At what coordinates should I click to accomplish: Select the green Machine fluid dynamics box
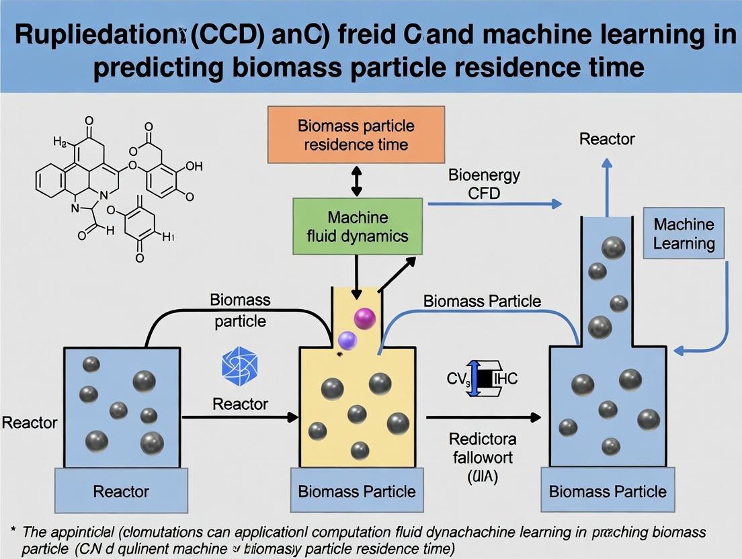[x=357, y=226]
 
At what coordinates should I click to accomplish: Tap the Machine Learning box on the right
[x=684, y=233]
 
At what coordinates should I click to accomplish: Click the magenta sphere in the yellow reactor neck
[x=365, y=317]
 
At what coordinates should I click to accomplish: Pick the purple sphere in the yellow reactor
[x=347, y=341]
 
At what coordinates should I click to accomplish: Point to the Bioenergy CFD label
[x=484, y=185]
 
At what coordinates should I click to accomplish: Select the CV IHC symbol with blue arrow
[x=482, y=378]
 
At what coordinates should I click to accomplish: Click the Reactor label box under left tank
[x=122, y=490]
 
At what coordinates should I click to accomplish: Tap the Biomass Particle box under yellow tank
[x=357, y=490]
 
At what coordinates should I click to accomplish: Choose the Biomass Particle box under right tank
[x=608, y=490]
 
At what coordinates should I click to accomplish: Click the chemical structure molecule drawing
[x=114, y=188]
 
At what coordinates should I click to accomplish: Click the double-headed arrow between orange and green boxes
[x=357, y=181]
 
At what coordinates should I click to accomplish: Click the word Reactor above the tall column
[x=607, y=139]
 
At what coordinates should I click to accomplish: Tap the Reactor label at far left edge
[x=30, y=423]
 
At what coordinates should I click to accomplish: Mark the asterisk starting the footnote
[x=13, y=531]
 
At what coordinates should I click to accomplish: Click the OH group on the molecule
[x=193, y=166]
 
